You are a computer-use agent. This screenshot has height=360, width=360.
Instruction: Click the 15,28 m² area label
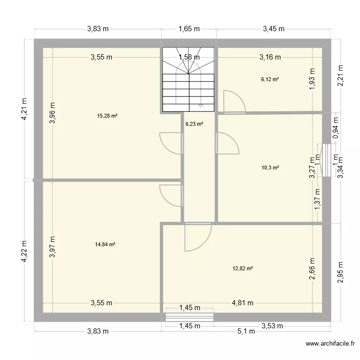(108, 116)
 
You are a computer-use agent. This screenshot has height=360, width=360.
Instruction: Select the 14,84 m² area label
(106, 244)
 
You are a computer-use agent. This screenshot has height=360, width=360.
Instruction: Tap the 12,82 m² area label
(242, 268)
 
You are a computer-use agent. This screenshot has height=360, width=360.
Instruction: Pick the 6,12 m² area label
(269, 80)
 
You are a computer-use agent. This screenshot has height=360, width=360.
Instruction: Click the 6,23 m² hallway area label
(194, 124)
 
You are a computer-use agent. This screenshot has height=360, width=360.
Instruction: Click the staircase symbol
(189, 80)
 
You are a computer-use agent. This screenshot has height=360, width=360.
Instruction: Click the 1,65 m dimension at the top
(189, 29)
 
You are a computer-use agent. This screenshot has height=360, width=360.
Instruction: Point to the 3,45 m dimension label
(274, 29)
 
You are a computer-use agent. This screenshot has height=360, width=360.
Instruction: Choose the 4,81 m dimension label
(242, 303)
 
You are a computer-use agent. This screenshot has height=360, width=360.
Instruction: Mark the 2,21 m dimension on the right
(341, 76)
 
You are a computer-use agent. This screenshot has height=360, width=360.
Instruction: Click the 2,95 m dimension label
(341, 272)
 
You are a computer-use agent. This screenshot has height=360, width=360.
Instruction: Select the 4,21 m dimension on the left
(24, 110)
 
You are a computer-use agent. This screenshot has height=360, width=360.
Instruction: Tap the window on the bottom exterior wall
(189, 317)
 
